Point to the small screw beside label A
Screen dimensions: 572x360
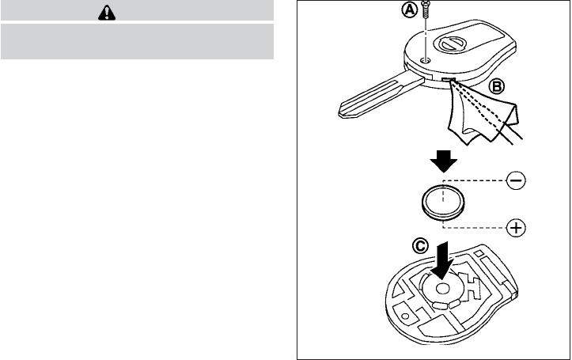(427, 15)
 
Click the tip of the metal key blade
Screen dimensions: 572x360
(342, 108)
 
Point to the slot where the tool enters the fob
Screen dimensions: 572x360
(449, 79)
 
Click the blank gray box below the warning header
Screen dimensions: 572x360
(137, 41)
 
